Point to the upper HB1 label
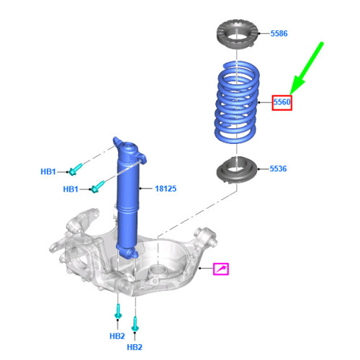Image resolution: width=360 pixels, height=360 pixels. [49, 171]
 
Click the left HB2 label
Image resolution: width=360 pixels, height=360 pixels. [117, 336]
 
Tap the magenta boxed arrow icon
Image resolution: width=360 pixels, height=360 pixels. [222, 269]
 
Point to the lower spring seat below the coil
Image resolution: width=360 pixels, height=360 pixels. [237, 173]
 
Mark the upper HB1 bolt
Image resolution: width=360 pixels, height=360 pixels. [76, 170]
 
